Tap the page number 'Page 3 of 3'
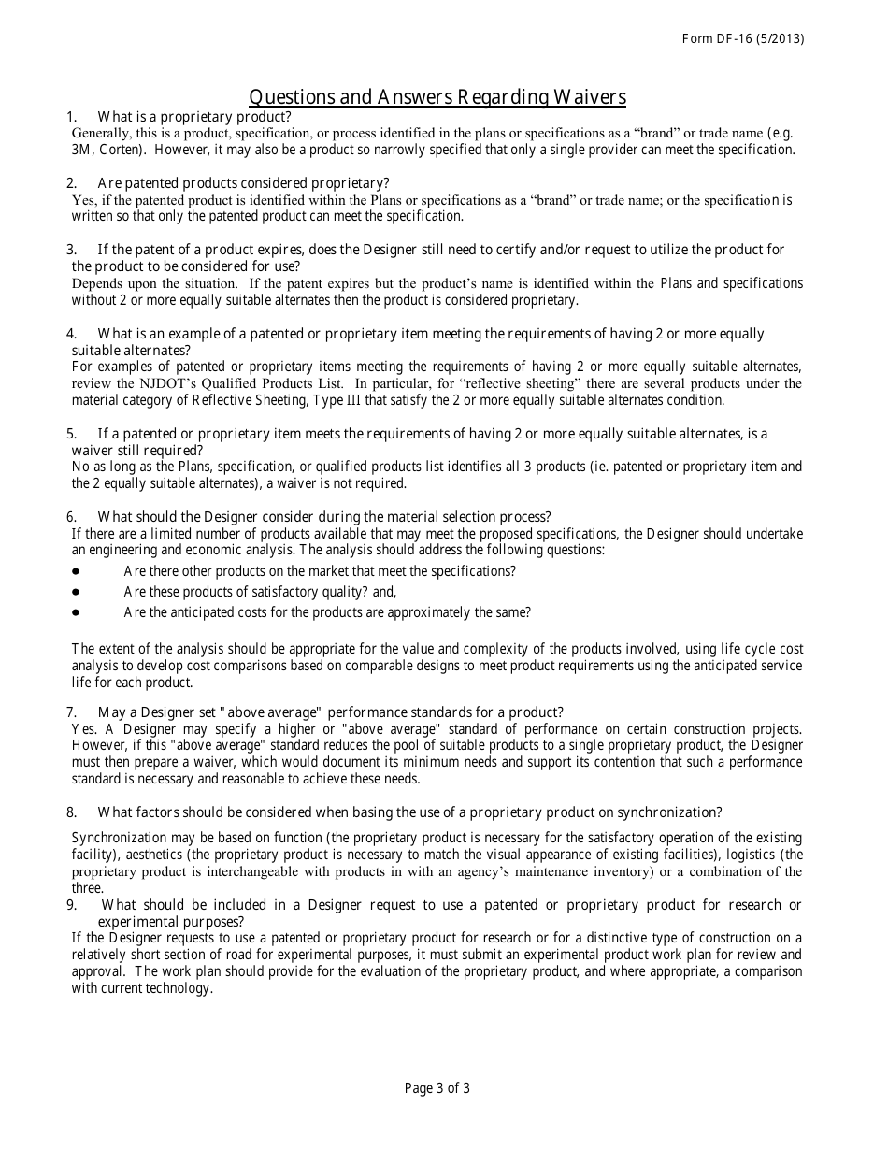(x=437, y=1087)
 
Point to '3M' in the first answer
(x=80, y=150)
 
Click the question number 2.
(x=71, y=183)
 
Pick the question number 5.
(x=71, y=434)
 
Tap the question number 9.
(x=71, y=905)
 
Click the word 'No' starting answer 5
(x=79, y=467)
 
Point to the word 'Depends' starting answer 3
(x=97, y=283)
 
